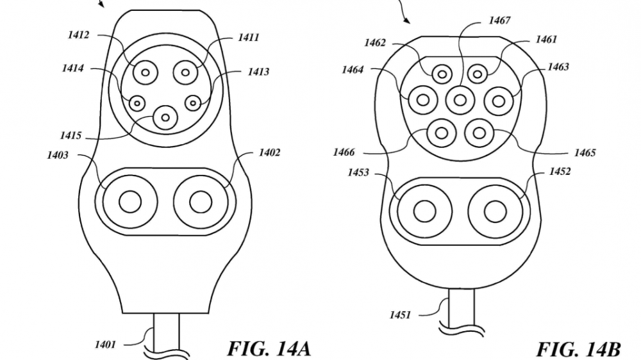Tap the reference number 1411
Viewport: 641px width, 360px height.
click(248, 38)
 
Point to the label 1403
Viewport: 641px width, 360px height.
click(58, 155)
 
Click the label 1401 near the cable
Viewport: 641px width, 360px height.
click(105, 345)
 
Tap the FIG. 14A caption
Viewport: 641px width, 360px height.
click(269, 348)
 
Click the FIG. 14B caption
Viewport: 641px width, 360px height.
click(578, 349)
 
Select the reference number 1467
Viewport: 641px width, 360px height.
click(499, 20)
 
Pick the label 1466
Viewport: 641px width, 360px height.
click(344, 152)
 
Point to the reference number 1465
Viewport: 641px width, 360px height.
click(585, 152)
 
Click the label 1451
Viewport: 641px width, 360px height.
click(401, 315)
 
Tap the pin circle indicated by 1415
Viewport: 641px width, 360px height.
click(166, 117)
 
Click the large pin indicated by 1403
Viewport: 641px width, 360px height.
click(129, 202)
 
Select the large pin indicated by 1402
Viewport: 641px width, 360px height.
click(200, 202)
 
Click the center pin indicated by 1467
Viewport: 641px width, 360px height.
click(460, 99)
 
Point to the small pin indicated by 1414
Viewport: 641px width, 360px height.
click(137, 102)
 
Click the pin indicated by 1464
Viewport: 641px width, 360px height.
click(423, 99)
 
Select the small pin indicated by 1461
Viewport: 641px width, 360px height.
click(476, 74)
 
